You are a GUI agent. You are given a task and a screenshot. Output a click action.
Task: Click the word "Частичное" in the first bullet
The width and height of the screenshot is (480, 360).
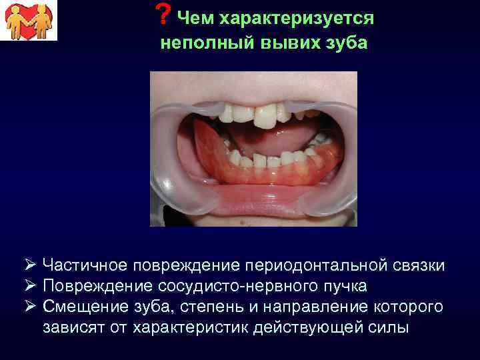(85, 265)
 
